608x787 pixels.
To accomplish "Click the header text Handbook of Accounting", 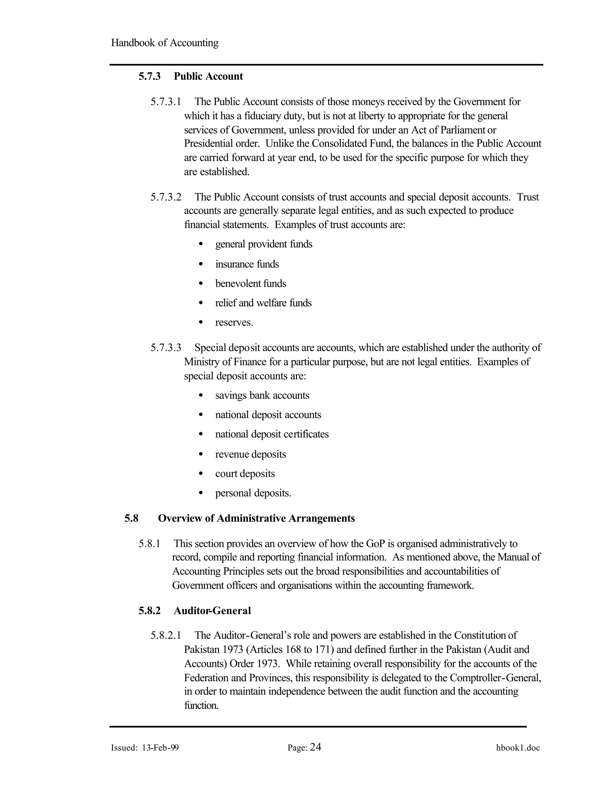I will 164,43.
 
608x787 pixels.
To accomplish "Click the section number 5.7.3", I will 150,76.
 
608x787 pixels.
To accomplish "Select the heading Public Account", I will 208,76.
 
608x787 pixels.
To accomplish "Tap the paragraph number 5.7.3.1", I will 166,102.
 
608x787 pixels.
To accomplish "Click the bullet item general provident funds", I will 264,244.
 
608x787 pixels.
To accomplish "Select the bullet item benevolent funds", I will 251,284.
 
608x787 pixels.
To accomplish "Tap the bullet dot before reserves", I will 201,323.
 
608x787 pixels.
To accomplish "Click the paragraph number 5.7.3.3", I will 166,348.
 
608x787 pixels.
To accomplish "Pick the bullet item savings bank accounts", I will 262,396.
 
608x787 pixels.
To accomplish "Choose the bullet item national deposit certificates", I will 272,434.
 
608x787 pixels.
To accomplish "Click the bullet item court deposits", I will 245,473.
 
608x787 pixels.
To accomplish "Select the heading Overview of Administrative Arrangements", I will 256,519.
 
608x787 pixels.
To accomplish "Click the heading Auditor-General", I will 212,611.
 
